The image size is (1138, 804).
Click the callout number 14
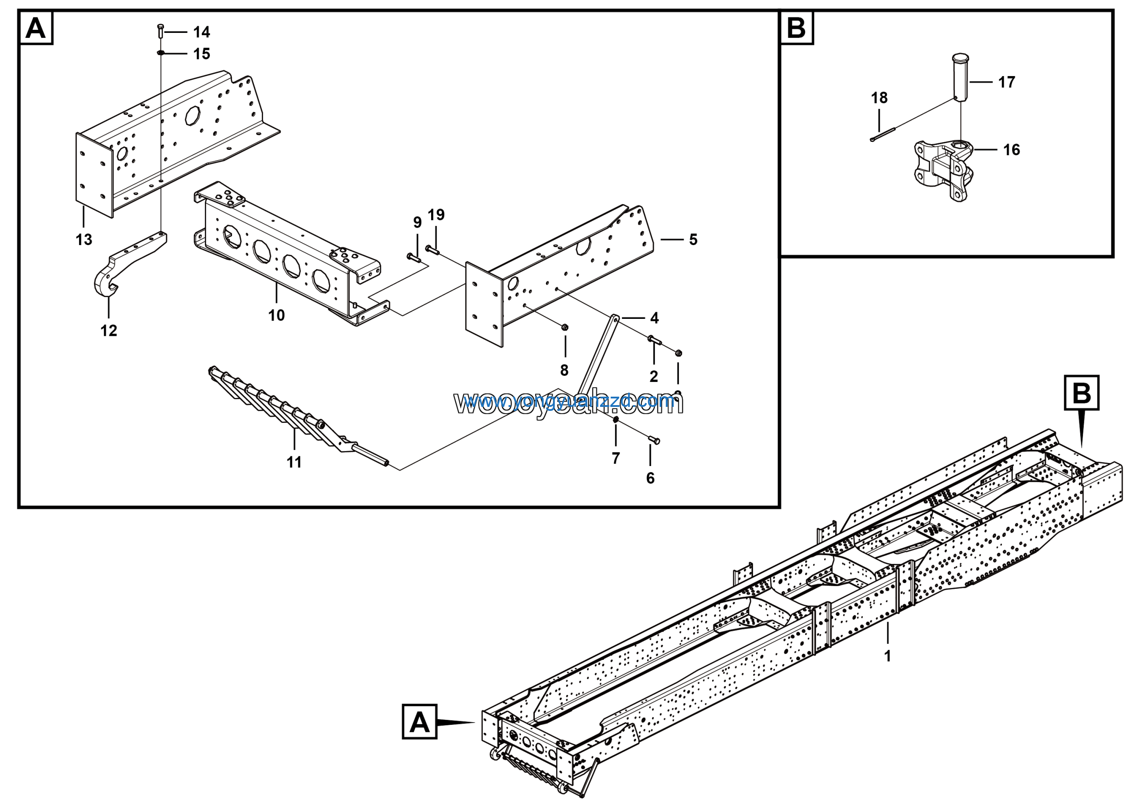[x=202, y=32]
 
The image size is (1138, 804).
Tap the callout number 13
[x=84, y=240]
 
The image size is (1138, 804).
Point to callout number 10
[x=276, y=315]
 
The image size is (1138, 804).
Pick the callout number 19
[x=436, y=215]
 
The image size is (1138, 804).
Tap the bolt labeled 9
[x=413, y=256]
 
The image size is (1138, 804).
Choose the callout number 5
[x=693, y=240]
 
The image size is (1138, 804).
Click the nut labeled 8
[x=565, y=327]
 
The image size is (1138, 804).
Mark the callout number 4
[x=654, y=318]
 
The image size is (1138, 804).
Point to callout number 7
[x=616, y=458]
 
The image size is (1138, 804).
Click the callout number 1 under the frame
[x=888, y=656]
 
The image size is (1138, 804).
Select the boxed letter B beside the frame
[x=1082, y=393]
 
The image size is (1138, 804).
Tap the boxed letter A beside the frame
[x=419, y=722]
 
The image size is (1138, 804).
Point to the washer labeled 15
[x=160, y=52]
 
